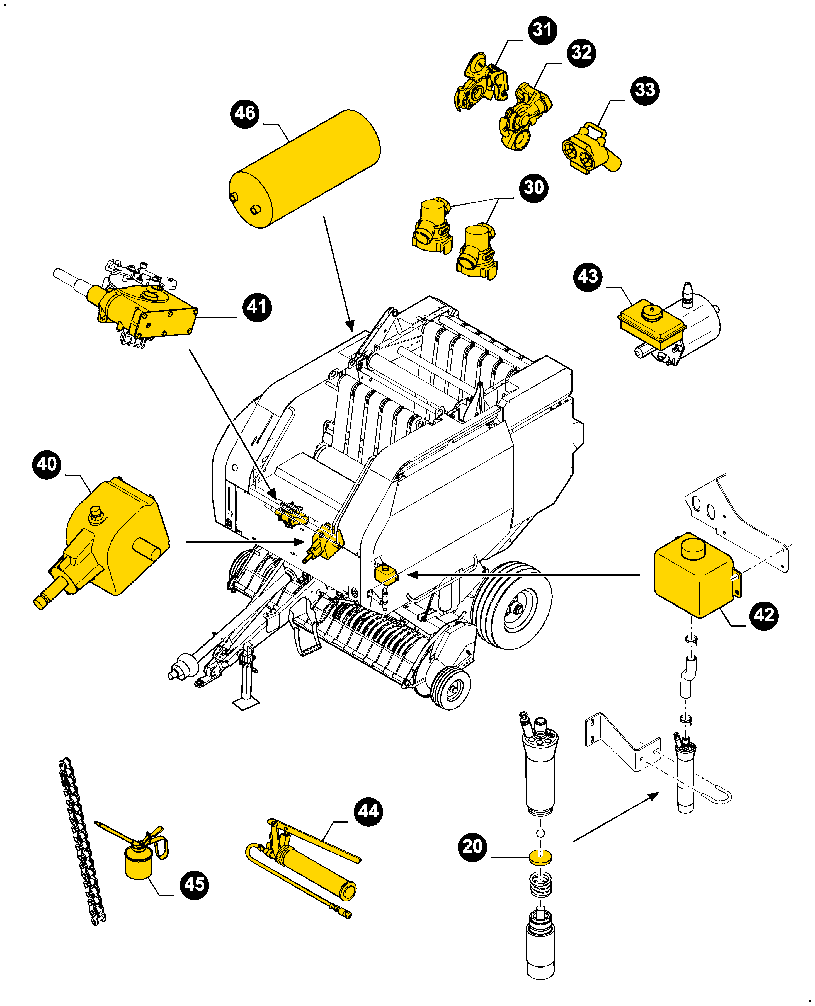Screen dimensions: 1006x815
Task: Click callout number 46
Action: click(245, 113)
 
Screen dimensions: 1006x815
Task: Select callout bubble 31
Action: click(543, 30)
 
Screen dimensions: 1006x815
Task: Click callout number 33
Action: click(645, 90)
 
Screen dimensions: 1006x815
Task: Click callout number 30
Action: click(533, 188)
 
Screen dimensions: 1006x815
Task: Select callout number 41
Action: click(257, 307)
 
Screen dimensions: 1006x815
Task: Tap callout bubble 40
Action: click(47, 464)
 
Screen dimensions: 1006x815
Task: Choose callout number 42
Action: click(764, 615)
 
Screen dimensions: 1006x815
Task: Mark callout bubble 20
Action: click(472, 846)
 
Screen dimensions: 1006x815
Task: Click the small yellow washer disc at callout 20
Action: click(540, 857)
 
